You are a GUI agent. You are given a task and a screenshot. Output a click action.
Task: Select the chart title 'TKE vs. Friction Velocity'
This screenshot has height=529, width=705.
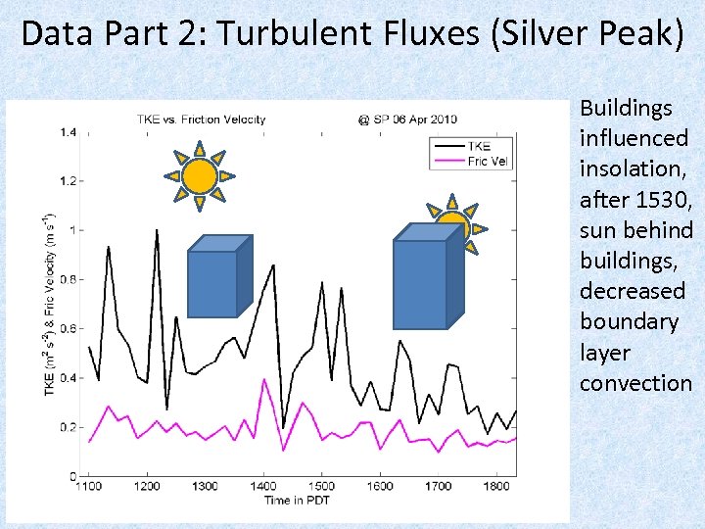(200, 120)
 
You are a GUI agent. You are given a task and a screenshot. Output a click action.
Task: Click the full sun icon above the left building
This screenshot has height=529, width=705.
(199, 176)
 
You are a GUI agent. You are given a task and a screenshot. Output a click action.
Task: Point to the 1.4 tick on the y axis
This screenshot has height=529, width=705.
(67, 132)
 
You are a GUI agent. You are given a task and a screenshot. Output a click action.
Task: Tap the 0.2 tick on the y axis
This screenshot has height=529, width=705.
(67, 427)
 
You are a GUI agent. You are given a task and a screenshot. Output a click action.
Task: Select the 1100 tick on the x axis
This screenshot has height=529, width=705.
(89, 486)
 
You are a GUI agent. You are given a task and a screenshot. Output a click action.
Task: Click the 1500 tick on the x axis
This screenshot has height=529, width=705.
(321, 486)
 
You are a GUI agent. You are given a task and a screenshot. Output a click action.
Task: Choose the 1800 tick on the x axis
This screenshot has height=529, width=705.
(495, 486)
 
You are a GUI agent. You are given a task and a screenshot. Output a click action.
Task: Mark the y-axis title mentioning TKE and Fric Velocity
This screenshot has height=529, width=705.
(49, 304)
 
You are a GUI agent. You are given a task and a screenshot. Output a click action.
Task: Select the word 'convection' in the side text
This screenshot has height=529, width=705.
(635, 383)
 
